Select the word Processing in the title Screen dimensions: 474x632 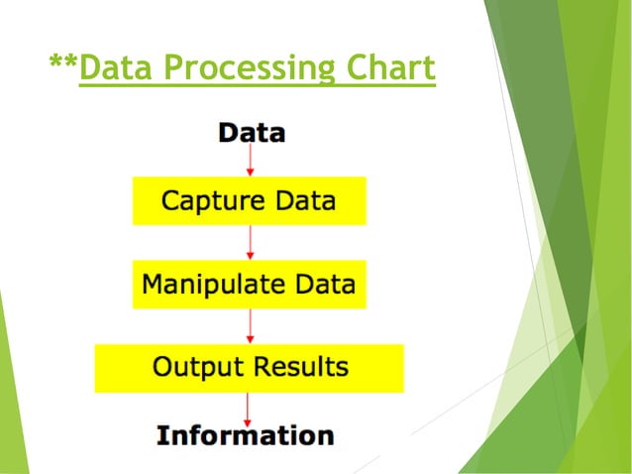(x=239, y=68)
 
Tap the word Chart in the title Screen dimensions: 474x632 (x=383, y=68)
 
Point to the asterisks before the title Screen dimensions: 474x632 (x=63, y=64)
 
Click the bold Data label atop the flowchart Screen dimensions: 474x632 (x=251, y=133)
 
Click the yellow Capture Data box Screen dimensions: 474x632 (x=249, y=200)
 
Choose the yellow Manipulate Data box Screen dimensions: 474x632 (x=249, y=284)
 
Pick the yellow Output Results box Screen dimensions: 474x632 (x=249, y=367)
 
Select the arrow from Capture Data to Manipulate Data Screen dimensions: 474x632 (x=250, y=242)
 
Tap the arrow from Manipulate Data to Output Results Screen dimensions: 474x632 (x=250, y=325)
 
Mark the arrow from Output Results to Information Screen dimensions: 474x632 (x=248, y=408)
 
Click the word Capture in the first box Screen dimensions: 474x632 (x=204, y=201)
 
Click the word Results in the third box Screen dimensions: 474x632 (x=298, y=367)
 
